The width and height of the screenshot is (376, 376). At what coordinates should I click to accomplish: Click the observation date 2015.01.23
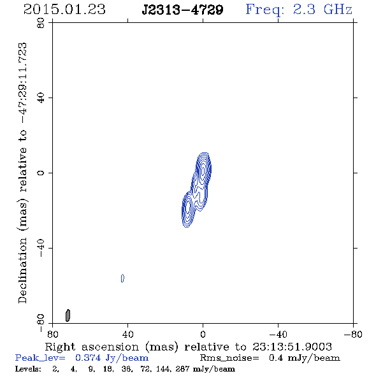(64, 10)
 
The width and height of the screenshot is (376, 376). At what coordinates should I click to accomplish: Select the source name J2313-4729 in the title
(182, 10)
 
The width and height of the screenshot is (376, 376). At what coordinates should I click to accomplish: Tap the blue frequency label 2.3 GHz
(322, 10)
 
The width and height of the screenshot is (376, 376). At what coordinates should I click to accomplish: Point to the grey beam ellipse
(68, 315)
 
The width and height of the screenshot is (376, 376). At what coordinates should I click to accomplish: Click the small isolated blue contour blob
(122, 278)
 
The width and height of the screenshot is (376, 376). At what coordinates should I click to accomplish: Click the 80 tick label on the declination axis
(41, 23)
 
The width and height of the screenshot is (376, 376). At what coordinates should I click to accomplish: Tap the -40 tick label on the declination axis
(41, 248)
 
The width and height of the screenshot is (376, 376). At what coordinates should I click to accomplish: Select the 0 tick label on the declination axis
(41, 173)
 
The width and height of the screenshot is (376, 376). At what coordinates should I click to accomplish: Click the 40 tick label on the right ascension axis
(127, 335)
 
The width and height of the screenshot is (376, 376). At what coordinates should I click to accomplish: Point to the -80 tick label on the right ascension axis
(353, 335)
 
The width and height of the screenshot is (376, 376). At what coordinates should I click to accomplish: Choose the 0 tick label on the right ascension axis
(203, 335)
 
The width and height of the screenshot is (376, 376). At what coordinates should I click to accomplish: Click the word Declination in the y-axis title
(22, 270)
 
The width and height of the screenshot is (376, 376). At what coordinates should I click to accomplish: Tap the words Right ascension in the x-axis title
(92, 347)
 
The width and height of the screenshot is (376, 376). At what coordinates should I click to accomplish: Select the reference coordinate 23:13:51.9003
(292, 347)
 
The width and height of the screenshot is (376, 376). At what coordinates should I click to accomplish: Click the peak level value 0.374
(88, 358)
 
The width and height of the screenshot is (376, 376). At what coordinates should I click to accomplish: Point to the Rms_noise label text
(229, 358)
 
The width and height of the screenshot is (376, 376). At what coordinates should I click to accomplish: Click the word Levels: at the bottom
(28, 368)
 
